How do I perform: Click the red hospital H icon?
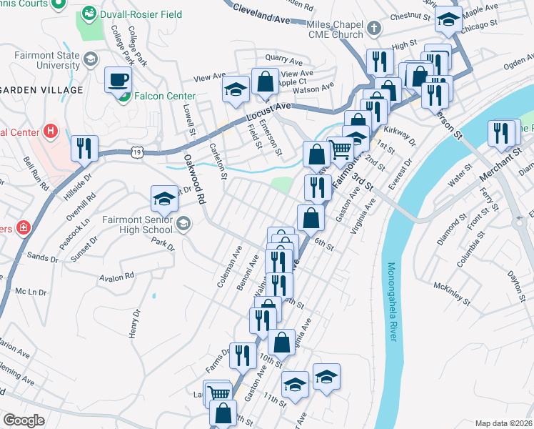point(50,132)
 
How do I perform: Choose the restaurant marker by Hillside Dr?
point(85,148)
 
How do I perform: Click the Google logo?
point(24,420)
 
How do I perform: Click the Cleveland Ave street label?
point(263,15)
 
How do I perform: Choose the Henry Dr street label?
point(133,324)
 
